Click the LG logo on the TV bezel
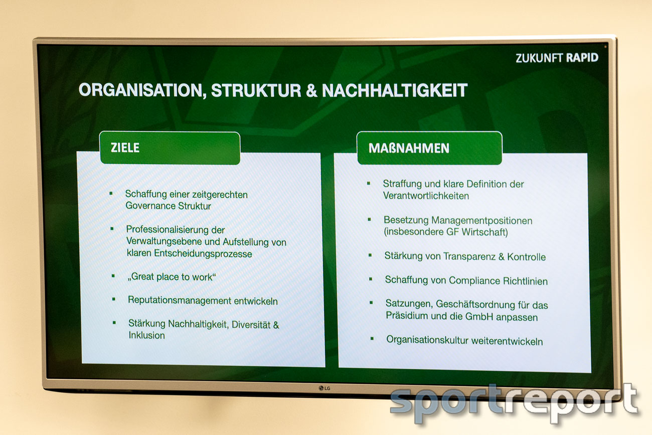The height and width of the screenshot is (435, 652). point(324,388)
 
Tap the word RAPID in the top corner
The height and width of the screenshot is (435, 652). point(582,58)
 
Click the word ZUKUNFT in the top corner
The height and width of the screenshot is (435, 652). point(539,58)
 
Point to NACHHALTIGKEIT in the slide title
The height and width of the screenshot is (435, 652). point(395,90)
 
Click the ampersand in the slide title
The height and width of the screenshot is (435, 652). point(312,90)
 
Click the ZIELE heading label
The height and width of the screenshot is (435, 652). point(125,148)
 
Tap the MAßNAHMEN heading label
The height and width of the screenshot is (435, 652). point(409,148)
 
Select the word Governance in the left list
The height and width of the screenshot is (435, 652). point(150,206)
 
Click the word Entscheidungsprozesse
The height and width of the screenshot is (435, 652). point(203,253)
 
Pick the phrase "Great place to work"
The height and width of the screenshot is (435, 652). point(172,276)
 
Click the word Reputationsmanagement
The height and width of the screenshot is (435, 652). point(180,300)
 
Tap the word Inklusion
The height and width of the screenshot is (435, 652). point(146,335)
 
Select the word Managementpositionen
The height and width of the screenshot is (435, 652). point(481,221)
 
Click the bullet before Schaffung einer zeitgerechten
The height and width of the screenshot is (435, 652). point(111,193)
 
